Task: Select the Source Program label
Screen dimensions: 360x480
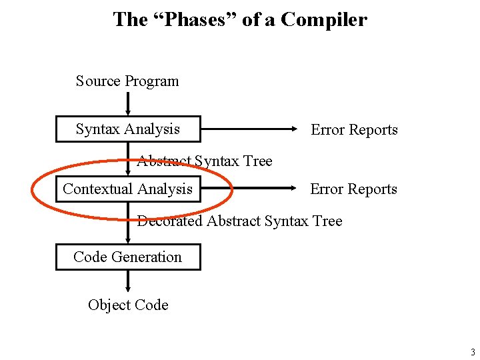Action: tap(127, 81)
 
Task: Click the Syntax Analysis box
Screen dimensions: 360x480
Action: tap(127, 129)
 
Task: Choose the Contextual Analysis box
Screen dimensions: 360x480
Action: tap(127, 189)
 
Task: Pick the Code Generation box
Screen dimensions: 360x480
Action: tap(127, 257)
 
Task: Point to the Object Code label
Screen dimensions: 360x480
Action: tap(128, 305)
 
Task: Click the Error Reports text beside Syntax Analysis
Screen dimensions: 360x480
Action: tap(354, 130)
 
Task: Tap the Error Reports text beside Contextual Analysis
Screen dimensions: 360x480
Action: tap(353, 189)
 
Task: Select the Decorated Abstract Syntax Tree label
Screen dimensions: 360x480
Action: tap(239, 221)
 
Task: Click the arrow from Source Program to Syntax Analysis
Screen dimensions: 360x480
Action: tap(128, 104)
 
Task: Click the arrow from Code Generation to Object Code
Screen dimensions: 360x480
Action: tap(128, 283)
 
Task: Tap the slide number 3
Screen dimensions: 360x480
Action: tap(472, 353)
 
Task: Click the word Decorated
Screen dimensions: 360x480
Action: tap(169, 221)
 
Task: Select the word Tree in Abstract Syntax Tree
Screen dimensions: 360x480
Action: tap(257, 161)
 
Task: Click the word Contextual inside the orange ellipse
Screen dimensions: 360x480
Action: tap(98, 189)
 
